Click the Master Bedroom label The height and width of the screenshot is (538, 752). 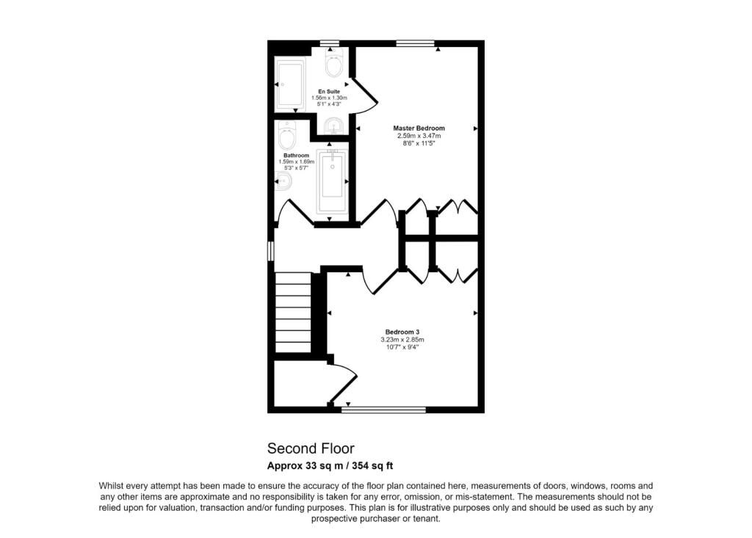click(x=419, y=128)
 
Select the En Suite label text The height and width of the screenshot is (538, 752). click(x=329, y=91)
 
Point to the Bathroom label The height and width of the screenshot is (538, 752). click(x=296, y=156)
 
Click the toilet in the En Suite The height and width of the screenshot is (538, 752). click(x=333, y=62)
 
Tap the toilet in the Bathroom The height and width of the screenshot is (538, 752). click(x=287, y=136)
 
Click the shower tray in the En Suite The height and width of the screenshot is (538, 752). click(x=290, y=84)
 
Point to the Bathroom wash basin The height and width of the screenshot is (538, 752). click(x=284, y=181)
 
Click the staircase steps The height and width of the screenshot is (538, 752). click(x=292, y=312)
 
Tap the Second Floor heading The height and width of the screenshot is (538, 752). click(x=311, y=448)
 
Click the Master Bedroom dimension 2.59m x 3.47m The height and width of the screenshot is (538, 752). click(x=419, y=136)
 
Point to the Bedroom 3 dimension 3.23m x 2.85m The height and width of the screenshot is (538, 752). click(x=402, y=340)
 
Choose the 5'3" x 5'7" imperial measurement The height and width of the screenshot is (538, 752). click(x=296, y=168)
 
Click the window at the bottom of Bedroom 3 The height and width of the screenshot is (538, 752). click(x=383, y=410)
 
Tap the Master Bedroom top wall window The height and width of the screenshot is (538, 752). click(x=416, y=43)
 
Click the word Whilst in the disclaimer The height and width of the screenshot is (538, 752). click(x=111, y=486)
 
